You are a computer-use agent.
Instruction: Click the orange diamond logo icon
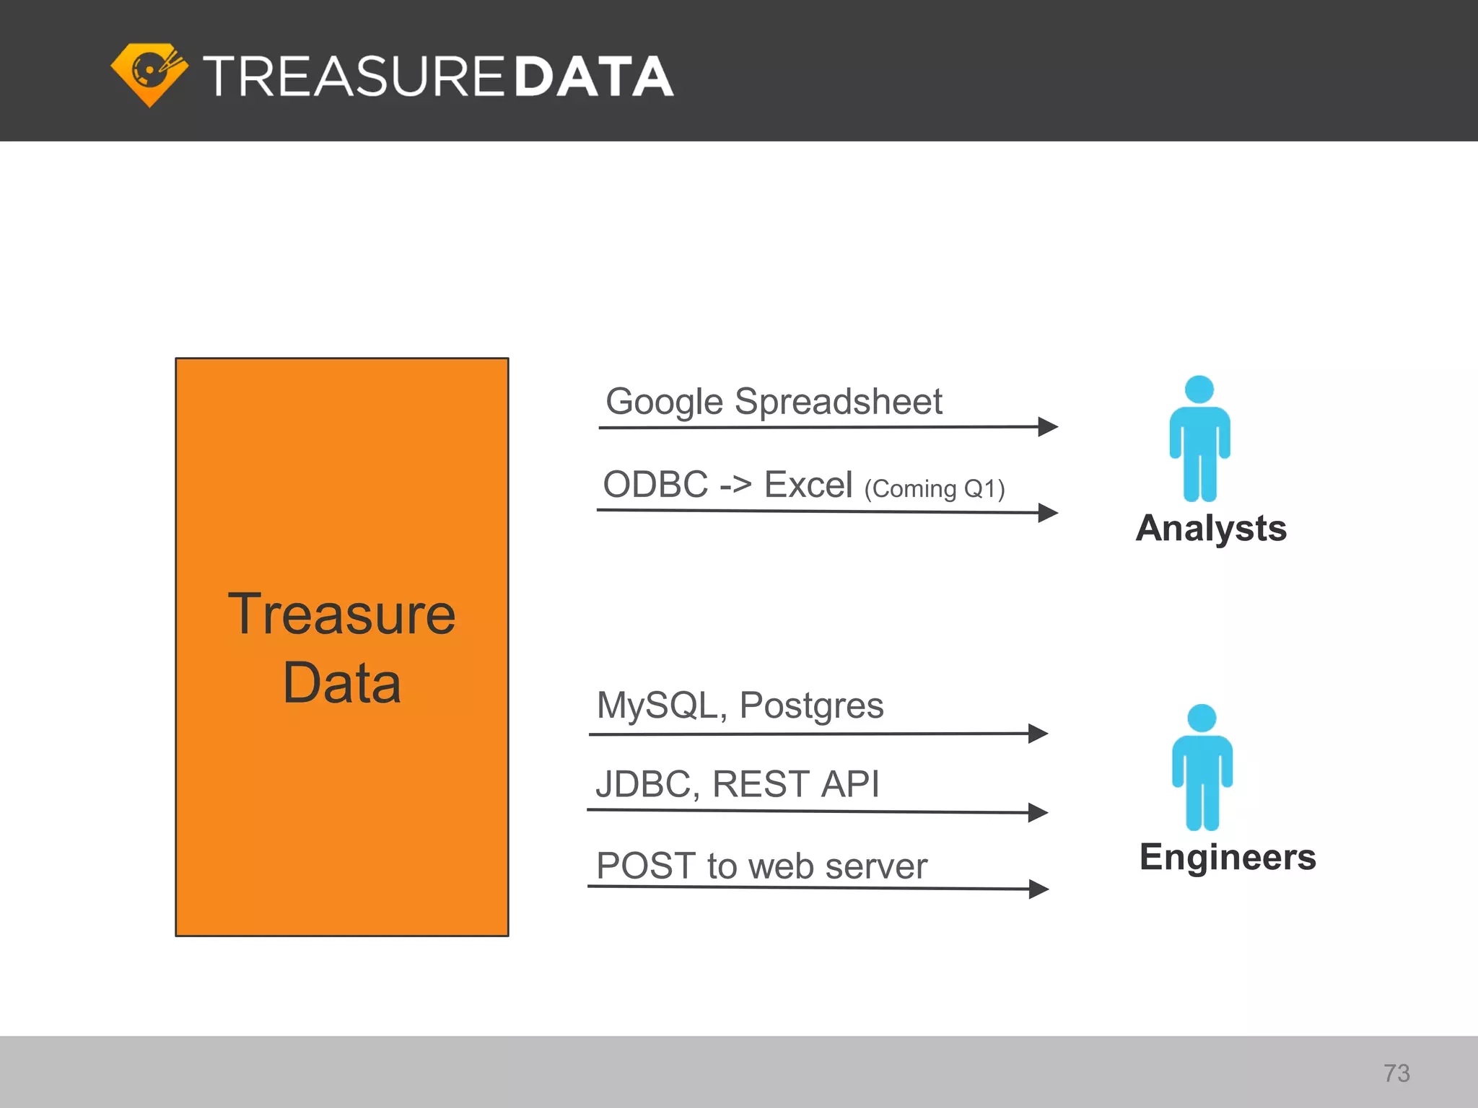click(x=149, y=74)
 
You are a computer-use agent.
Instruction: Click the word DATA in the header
click(x=594, y=76)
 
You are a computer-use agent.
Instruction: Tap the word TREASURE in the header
click(x=353, y=76)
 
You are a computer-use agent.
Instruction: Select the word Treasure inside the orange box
click(x=341, y=614)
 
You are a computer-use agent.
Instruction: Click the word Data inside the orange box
click(x=341, y=683)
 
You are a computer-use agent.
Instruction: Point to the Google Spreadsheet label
click(x=773, y=401)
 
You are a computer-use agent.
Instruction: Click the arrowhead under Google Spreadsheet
click(x=1048, y=426)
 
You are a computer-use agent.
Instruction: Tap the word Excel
click(x=808, y=484)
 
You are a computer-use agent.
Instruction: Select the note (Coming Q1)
click(x=934, y=489)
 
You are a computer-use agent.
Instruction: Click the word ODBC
click(x=655, y=484)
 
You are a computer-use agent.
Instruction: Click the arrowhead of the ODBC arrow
click(x=1048, y=513)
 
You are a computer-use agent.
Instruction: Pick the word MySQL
click(x=656, y=705)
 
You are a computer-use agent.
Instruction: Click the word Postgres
click(x=811, y=706)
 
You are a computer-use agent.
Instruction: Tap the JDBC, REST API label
click(x=737, y=783)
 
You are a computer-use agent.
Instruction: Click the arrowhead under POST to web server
click(x=1038, y=889)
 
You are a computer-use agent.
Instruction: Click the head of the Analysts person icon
click(x=1199, y=390)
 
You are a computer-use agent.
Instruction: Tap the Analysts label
click(x=1211, y=528)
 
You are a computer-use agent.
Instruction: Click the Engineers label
click(x=1228, y=857)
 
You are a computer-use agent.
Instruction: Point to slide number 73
click(x=1396, y=1073)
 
